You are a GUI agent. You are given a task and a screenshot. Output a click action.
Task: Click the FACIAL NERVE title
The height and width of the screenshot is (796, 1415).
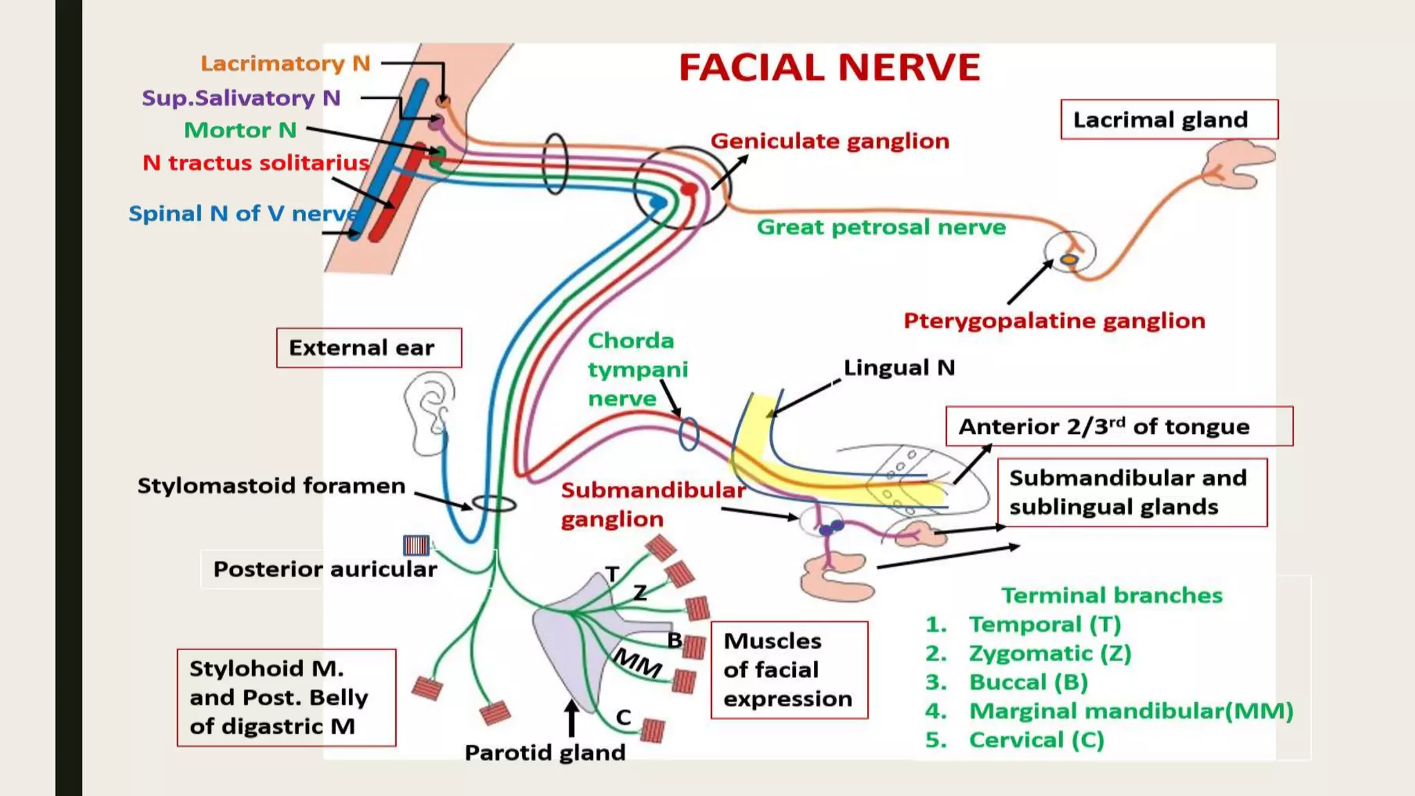click(829, 68)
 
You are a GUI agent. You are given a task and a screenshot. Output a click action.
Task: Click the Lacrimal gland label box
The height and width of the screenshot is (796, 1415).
click(1168, 120)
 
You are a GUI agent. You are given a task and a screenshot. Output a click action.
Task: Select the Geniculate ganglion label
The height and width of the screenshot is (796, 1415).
click(830, 141)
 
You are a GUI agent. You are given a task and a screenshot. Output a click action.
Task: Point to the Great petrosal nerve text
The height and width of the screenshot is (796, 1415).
click(881, 227)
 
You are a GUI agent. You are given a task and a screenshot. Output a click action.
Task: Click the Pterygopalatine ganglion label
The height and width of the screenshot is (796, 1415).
click(1054, 321)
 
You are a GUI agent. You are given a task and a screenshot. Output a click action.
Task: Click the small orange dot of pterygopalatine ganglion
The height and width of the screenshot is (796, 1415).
click(1069, 260)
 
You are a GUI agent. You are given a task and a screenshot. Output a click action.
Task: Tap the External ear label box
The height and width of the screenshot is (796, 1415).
click(368, 348)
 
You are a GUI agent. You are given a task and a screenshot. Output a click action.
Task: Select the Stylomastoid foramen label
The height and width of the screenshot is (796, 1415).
click(271, 486)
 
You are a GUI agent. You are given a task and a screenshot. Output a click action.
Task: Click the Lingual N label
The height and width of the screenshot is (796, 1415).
click(899, 368)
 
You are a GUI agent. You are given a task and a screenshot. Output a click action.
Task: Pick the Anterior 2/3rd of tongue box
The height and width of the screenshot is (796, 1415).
click(1119, 426)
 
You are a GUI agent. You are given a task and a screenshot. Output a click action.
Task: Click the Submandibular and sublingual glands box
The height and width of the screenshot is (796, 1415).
click(1132, 492)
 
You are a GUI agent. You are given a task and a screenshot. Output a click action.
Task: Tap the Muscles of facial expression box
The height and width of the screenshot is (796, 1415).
click(789, 670)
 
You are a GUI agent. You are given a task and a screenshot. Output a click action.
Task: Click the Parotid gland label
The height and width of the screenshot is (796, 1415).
click(544, 752)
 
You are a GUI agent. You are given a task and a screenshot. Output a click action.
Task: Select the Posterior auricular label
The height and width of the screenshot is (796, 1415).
click(325, 569)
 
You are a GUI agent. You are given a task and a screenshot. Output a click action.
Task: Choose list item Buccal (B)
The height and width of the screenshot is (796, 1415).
click(1028, 682)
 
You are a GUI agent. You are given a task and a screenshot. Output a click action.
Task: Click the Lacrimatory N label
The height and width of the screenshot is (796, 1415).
click(285, 64)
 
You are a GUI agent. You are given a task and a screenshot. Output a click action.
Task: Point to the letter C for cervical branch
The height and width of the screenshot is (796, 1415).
click(623, 717)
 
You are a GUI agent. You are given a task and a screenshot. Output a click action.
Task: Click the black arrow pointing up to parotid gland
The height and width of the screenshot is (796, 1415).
click(571, 719)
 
